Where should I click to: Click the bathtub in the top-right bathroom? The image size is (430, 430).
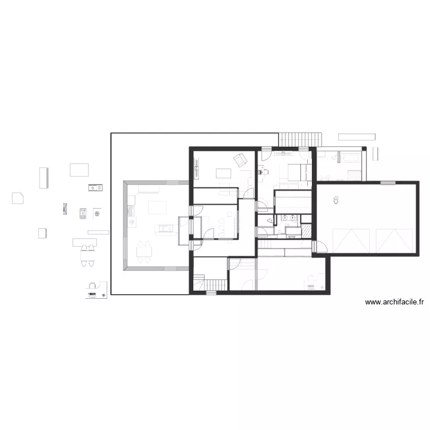[x=349, y=155]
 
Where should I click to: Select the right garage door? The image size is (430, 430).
[x=394, y=240]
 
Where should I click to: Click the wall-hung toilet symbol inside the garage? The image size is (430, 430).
[x=335, y=200]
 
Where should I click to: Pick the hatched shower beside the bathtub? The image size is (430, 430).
[x=354, y=175]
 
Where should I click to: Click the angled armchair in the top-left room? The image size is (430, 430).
[x=239, y=159]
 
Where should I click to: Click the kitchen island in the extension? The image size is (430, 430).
[x=166, y=229]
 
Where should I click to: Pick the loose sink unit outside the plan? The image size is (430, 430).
[x=95, y=187]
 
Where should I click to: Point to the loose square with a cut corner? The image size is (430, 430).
[x=18, y=198]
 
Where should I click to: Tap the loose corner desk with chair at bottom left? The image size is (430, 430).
[x=94, y=290]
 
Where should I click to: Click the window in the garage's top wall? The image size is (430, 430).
[x=388, y=182]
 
